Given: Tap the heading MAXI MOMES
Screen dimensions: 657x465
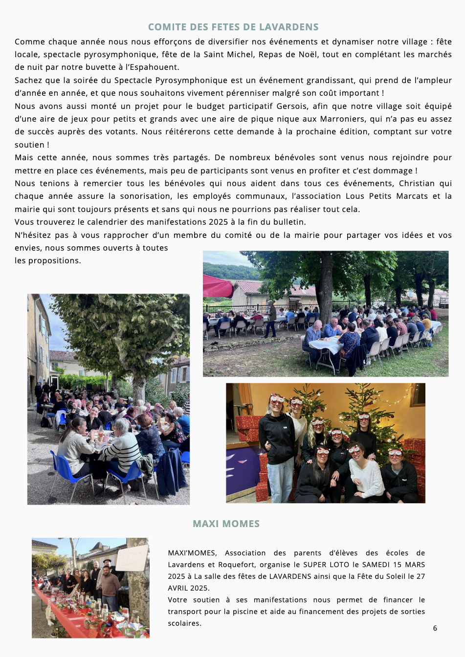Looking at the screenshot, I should coord(226,524).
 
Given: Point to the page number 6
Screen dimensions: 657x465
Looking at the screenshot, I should coord(435,628).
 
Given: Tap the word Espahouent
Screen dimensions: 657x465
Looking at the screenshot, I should coord(155,67).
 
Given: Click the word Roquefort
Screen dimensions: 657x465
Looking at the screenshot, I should coord(236,565).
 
